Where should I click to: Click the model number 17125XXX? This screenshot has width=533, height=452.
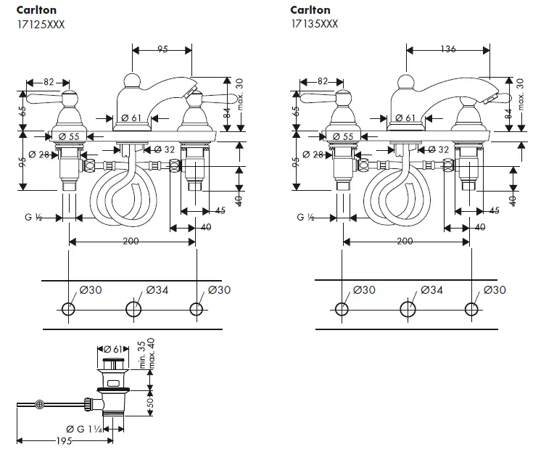41,23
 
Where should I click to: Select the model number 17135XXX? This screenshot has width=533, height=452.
314,23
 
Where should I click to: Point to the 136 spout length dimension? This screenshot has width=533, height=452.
448,49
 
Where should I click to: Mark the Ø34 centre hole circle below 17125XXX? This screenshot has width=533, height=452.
133,310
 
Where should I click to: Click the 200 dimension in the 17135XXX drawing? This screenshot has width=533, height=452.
405,241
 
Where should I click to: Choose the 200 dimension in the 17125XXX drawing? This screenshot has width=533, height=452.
131,241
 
